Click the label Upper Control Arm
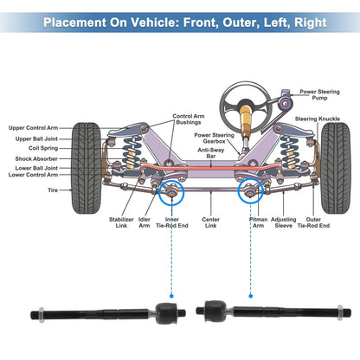coord(40,127)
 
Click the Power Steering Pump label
coord(319,93)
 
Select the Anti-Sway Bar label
coord(212,154)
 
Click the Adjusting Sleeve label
coord(285,223)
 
